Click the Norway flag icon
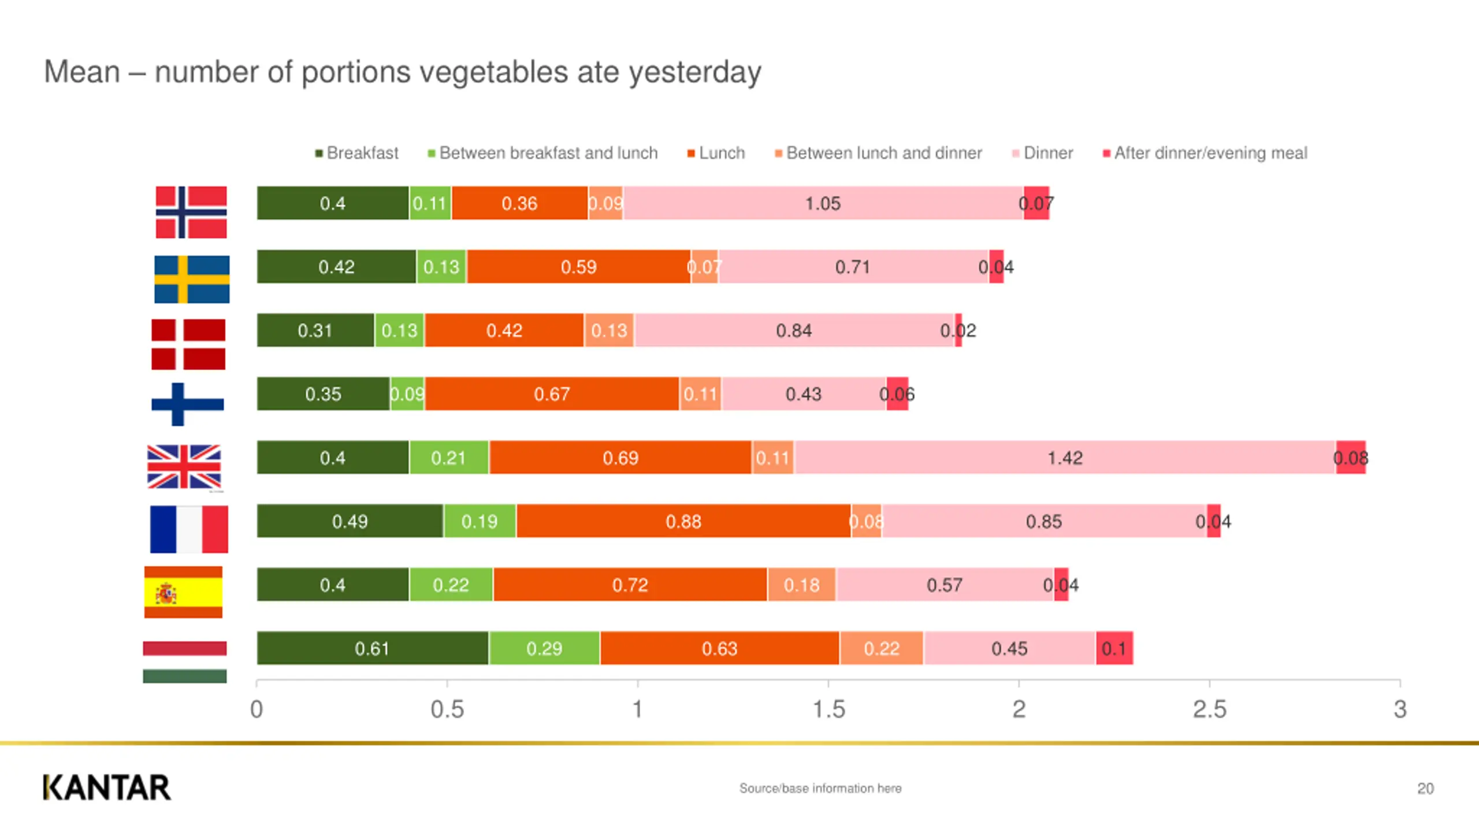191,212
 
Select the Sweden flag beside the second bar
192,279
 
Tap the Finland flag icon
187,404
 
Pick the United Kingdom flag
184,466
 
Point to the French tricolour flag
189,529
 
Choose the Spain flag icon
183,592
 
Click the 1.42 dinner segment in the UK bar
1065,458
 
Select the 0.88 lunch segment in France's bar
683,521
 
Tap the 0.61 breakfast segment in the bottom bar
372,648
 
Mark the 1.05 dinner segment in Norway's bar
823,203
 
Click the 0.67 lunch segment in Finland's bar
552,394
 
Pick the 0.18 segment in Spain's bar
801,585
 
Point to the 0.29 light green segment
544,648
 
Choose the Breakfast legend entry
356,153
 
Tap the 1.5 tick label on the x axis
828,709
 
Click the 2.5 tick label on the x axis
1209,709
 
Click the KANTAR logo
107,788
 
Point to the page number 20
1425,789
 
